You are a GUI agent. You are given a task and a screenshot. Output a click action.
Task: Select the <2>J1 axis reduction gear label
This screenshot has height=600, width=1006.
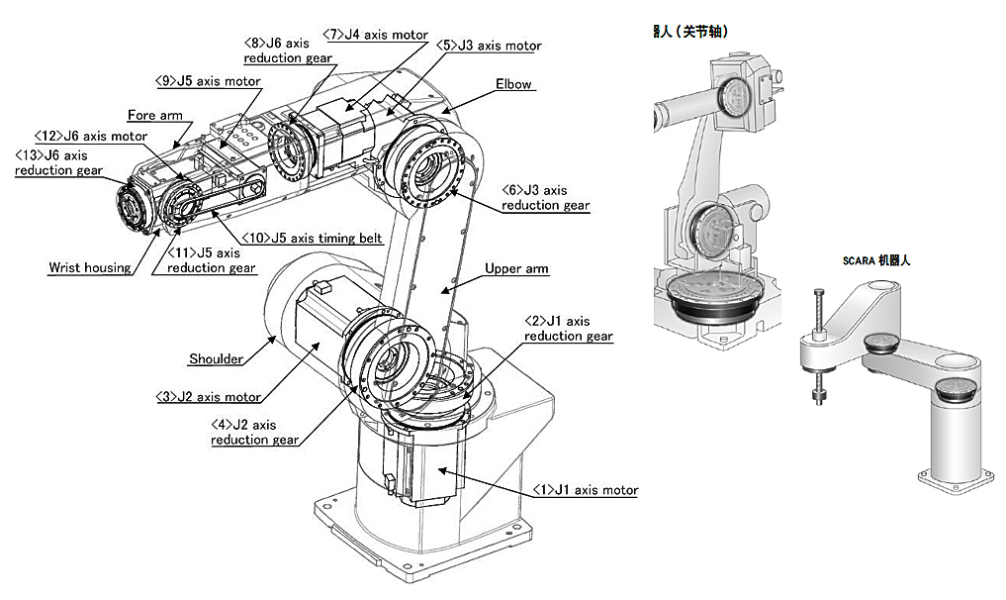coord(568,329)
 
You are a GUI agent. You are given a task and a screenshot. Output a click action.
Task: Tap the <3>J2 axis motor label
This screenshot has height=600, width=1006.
coord(209,397)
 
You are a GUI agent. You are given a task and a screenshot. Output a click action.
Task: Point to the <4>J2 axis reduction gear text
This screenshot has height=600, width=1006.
coord(253,433)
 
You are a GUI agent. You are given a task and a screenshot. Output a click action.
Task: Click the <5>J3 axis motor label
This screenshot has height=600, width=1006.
coord(490,46)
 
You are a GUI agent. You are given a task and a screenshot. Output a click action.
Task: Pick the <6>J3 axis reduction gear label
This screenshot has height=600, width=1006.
coord(545,198)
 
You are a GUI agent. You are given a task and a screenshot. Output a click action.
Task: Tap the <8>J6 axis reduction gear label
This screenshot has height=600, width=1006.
coord(286,50)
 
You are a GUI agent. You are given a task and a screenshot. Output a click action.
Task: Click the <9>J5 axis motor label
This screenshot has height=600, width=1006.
coord(207,81)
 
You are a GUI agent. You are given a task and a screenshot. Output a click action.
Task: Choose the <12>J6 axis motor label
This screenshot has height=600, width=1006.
coord(90,136)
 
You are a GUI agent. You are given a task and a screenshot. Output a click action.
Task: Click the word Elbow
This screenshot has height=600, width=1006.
coord(514,85)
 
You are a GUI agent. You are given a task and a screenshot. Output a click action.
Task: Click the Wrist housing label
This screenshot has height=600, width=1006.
coord(89,268)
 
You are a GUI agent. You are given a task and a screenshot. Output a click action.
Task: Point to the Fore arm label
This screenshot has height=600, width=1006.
coord(154,116)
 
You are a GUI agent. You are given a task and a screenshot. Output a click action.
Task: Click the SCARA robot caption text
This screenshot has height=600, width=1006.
coord(875,260)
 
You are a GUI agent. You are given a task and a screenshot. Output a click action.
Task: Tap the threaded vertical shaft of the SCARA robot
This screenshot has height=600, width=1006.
coord(820,337)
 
